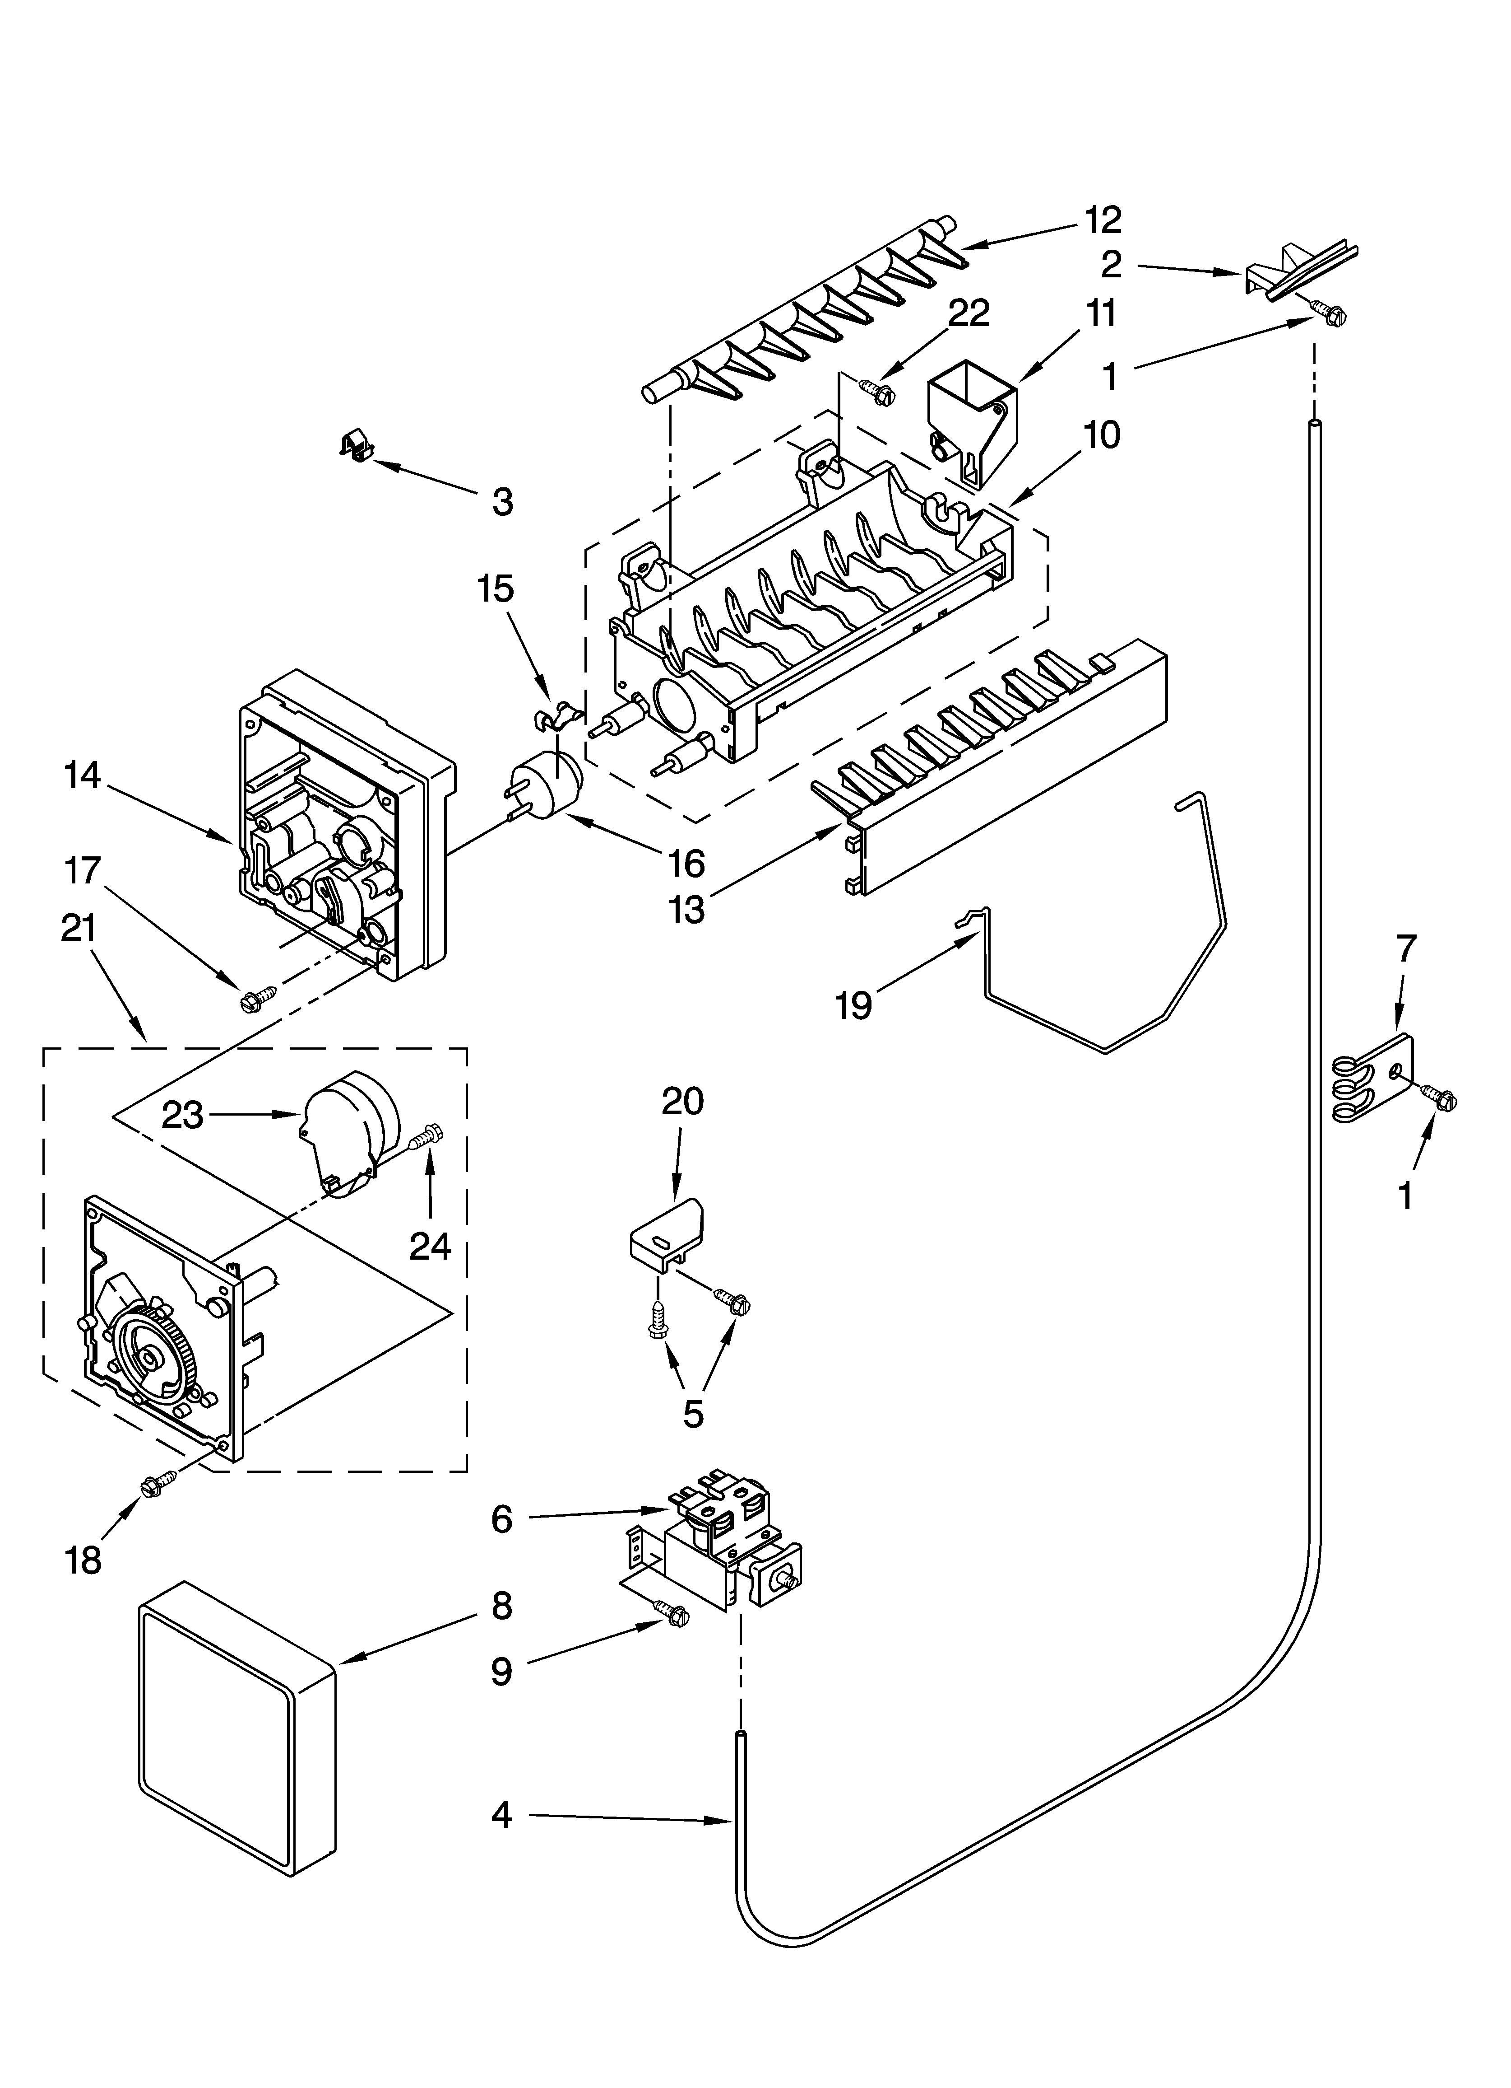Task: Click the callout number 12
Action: click(1103, 220)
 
